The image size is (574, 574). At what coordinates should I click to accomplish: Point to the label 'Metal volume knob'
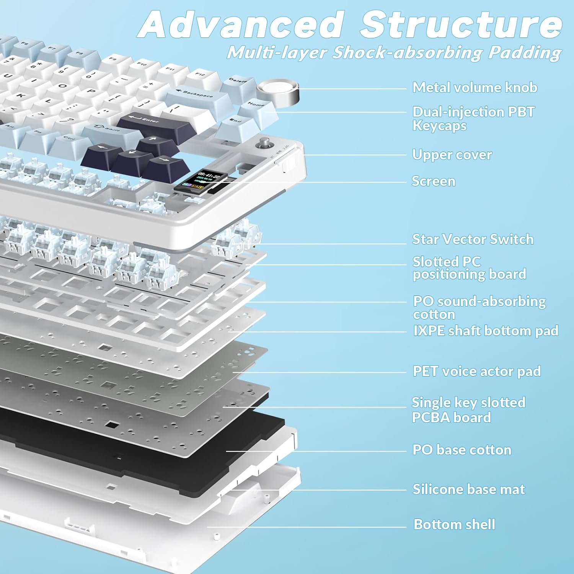click(475, 88)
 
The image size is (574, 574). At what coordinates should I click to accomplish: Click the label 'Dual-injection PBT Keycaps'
click(473, 119)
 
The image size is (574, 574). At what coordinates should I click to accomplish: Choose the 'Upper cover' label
click(452, 155)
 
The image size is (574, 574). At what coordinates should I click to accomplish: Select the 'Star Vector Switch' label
click(473, 239)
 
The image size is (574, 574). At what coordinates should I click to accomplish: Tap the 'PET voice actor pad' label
click(476, 371)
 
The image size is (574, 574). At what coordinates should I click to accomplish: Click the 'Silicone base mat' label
click(468, 489)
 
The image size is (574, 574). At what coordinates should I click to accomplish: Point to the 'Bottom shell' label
click(454, 524)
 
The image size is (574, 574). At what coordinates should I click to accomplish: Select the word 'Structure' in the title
click(461, 24)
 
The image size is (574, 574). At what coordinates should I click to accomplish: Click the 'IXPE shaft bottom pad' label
click(486, 331)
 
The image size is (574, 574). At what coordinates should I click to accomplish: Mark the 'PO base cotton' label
click(461, 450)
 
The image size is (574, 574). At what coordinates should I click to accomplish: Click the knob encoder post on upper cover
click(264, 143)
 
